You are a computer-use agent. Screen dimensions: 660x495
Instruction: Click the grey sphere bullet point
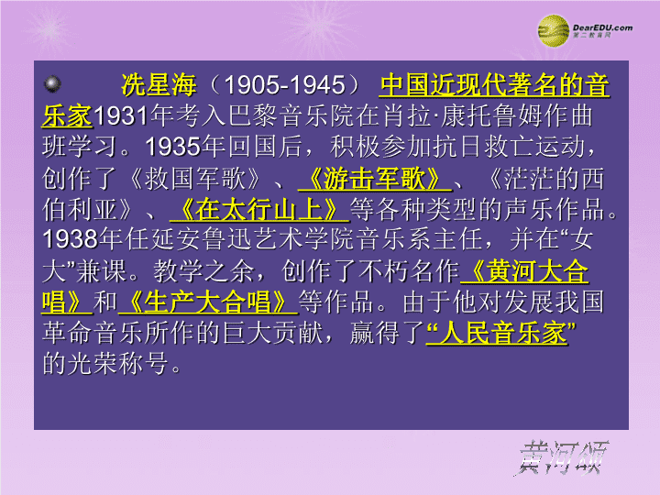(52, 83)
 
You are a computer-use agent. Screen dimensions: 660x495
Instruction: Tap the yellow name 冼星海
(159, 84)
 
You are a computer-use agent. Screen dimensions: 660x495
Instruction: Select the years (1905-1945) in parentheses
(285, 84)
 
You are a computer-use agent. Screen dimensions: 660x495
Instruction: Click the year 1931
(121, 115)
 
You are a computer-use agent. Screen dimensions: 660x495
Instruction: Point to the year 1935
(172, 147)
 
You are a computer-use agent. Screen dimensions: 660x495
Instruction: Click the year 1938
(71, 239)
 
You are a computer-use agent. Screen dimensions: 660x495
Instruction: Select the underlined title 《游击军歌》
(375, 179)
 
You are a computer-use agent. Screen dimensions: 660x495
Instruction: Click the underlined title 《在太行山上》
(259, 209)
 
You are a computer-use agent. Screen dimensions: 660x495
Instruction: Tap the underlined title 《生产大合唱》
(208, 302)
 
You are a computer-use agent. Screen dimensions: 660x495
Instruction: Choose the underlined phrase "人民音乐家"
(500, 333)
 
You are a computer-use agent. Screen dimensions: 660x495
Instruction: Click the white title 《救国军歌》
(194, 179)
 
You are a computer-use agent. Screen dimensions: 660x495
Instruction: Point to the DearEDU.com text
(602, 27)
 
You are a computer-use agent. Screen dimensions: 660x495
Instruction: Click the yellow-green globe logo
(553, 31)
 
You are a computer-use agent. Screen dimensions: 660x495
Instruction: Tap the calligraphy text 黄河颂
(562, 457)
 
